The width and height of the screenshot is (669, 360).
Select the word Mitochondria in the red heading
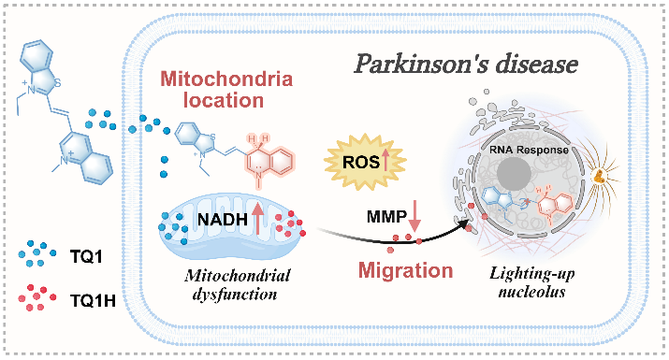[226, 79]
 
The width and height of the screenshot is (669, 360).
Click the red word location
[224, 100]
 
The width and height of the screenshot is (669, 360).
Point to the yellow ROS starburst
[365, 162]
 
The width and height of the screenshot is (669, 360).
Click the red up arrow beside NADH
[257, 219]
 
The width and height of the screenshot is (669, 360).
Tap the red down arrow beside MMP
[414, 217]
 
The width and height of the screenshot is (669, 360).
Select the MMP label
[387, 217]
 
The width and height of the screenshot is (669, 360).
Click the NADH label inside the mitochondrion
[223, 219]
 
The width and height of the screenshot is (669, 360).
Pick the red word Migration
[405, 270]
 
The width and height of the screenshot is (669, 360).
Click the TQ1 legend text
[86, 257]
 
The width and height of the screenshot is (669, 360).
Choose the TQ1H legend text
[93, 301]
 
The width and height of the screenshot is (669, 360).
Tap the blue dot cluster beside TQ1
[37, 253]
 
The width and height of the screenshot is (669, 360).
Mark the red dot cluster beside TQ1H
[37, 297]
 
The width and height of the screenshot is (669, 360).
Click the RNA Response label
[529, 150]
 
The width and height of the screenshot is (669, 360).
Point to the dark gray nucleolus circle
[514, 174]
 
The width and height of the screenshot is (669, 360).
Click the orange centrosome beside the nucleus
[600, 175]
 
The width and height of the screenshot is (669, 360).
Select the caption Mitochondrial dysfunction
[238, 285]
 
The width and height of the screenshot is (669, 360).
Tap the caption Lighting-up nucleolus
[532, 282]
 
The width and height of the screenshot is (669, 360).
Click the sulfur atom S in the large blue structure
[57, 82]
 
